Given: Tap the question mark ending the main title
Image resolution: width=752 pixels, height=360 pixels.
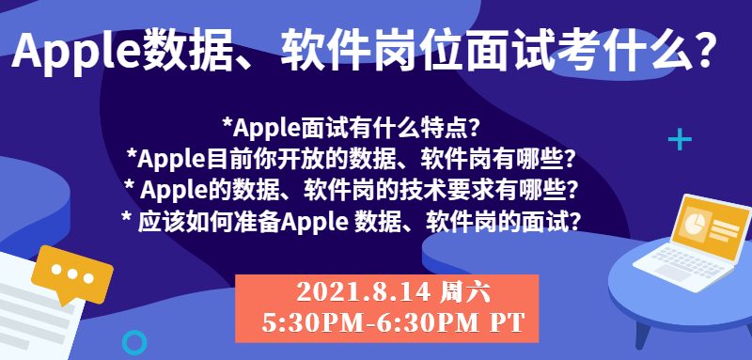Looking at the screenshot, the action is [704, 51].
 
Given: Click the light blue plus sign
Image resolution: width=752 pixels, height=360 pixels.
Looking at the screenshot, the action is [680, 139].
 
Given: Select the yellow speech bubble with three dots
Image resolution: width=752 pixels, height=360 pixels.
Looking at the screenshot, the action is [72, 274].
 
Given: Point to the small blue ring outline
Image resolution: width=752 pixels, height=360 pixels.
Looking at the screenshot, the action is [133, 342].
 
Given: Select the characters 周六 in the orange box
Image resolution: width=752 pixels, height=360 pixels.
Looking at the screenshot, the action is [464, 292].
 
